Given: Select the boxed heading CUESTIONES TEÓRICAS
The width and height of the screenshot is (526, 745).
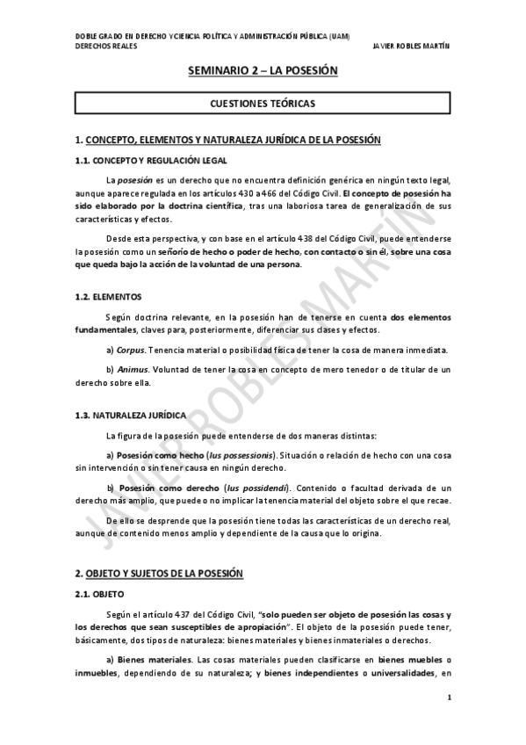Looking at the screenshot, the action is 263,104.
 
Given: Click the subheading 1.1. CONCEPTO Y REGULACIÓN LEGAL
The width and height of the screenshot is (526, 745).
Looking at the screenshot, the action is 151,160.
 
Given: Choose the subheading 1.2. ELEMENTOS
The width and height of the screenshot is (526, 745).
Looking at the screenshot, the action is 109,297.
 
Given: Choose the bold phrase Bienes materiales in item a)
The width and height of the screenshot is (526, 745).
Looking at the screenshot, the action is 149,659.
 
